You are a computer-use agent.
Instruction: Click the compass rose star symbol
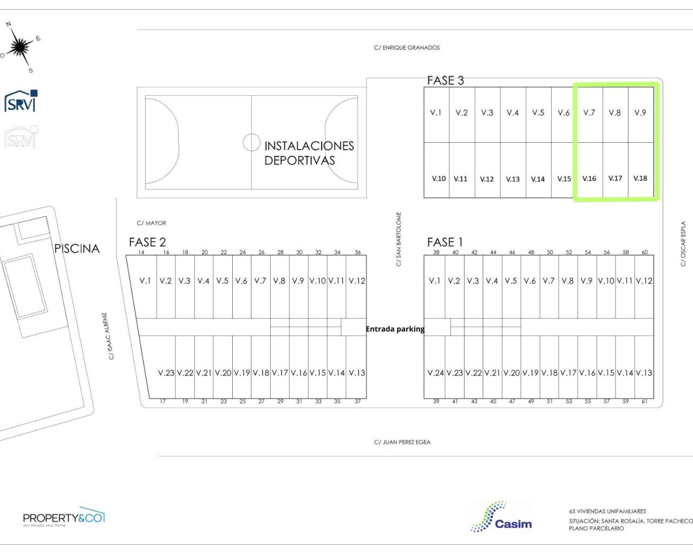[21, 47]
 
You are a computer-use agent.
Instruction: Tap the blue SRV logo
[21, 101]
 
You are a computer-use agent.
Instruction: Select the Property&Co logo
[64, 517]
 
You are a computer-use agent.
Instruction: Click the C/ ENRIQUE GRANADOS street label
[407, 48]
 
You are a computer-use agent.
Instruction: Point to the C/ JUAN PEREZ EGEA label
[402, 442]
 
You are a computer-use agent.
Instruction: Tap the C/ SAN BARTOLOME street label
[398, 239]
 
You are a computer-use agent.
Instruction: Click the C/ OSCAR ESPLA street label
[683, 243]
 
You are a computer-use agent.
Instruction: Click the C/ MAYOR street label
[152, 223]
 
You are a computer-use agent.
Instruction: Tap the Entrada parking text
[395, 329]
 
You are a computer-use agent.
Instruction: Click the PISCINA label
[77, 248]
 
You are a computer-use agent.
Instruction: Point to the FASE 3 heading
[446, 81]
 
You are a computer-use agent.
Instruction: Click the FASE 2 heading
[147, 242]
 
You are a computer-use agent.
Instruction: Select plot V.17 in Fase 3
[615, 170]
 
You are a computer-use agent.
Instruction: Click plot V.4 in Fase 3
[513, 115]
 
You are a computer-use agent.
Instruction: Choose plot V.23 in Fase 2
[166, 367]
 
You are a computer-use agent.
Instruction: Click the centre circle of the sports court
[252, 142]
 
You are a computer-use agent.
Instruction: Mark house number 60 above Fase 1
[644, 252]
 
